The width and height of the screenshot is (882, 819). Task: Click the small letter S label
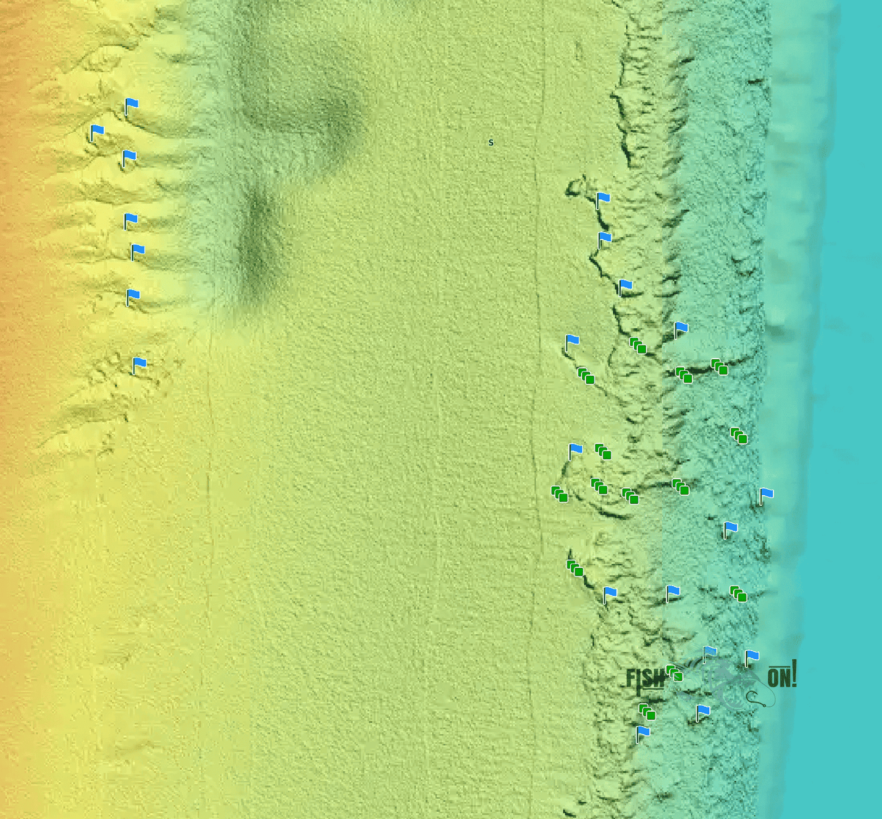tap(491, 143)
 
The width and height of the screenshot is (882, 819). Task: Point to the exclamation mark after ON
tap(794, 673)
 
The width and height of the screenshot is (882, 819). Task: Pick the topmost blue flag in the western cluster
tap(131, 106)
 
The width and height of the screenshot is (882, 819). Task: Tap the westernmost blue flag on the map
tap(96, 132)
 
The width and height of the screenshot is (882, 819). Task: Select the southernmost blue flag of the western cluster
tap(139, 365)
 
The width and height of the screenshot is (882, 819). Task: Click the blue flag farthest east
tap(765, 495)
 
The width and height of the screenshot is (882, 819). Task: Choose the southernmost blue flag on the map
tap(642, 733)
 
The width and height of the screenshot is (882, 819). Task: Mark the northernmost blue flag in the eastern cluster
tap(602, 199)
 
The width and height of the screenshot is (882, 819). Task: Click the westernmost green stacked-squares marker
tap(559, 494)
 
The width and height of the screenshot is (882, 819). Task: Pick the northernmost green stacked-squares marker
tap(637, 345)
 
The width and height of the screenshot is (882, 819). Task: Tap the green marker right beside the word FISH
tap(674, 673)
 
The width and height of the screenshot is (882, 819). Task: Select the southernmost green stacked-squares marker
tap(647, 712)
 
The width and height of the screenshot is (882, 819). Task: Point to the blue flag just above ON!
tap(751, 657)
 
